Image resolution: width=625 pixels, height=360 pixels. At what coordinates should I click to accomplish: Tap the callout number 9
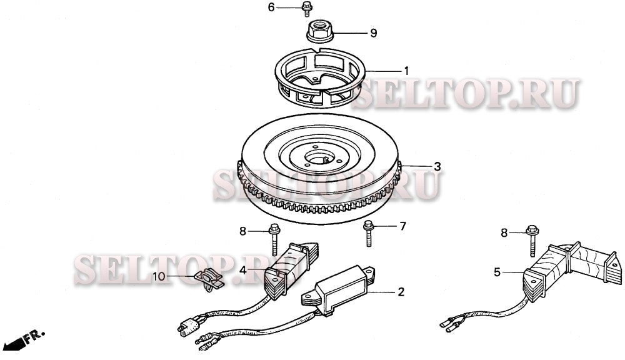(373, 33)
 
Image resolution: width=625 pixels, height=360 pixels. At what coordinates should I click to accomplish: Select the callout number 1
(406, 70)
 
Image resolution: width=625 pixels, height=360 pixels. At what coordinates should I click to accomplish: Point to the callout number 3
(437, 166)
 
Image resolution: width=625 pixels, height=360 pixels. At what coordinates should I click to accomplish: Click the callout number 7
(403, 226)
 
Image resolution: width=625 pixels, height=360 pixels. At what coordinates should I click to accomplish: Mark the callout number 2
(401, 292)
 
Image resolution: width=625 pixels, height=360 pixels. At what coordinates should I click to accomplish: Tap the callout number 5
(497, 272)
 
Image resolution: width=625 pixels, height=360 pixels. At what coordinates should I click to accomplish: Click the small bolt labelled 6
(307, 9)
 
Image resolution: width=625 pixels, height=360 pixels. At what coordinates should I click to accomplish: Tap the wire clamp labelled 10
(208, 277)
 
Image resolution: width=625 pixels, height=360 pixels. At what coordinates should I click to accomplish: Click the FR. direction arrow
(25, 341)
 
